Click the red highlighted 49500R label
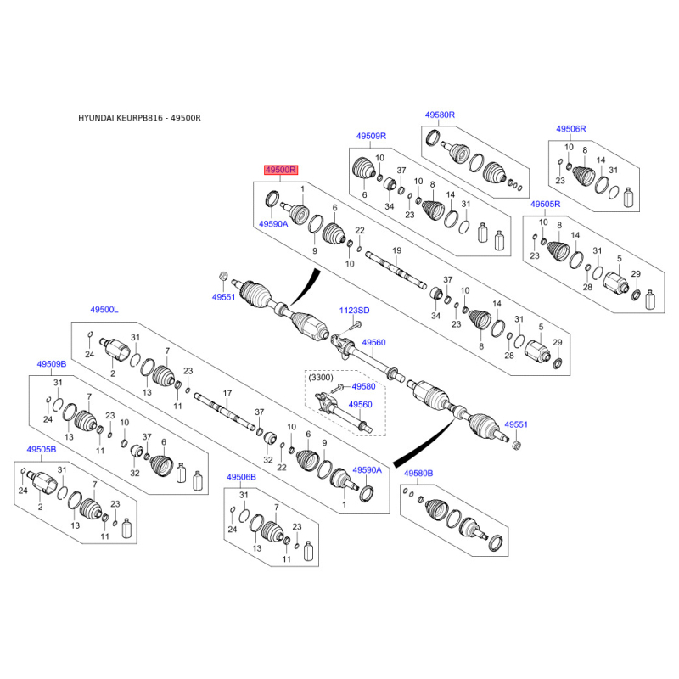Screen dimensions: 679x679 click(x=281, y=170)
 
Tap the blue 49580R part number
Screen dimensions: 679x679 click(x=440, y=115)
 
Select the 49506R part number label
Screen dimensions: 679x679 click(x=570, y=129)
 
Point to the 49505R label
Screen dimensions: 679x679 click(x=545, y=204)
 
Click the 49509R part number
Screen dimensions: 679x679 click(x=371, y=136)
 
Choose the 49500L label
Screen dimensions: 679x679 click(x=104, y=310)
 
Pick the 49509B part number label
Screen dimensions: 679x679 click(x=52, y=364)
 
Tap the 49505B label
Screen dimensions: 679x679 click(x=42, y=450)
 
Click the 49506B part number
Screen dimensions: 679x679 click(x=241, y=477)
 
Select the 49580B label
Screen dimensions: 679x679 click(x=418, y=474)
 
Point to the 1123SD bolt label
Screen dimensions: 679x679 click(x=354, y=311)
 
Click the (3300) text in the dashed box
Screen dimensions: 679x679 click(x=321, y=378)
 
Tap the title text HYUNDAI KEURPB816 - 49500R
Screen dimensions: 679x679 click(x=139, y=118)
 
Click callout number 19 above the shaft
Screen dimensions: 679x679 click(x=396, y=250)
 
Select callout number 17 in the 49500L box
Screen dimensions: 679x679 click(x=227, y=393)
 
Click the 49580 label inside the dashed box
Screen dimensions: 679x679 click(x=363, y=386)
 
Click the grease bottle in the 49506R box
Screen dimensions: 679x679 click(x=628, y=197)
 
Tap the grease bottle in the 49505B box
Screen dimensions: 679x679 click(x=126, y=528)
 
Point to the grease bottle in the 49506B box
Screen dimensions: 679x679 click(x=308, y=551)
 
